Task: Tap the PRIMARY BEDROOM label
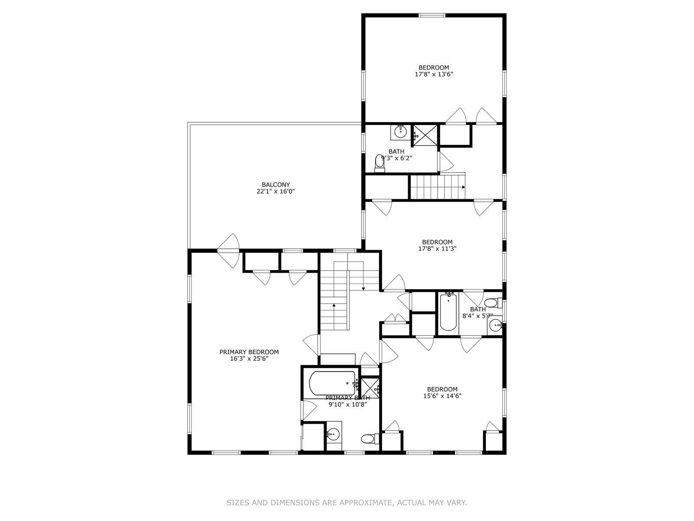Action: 249,352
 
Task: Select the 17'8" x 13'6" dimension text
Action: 434,74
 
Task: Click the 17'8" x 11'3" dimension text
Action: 437,249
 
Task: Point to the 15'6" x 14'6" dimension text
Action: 442,396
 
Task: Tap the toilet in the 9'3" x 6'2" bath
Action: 380,163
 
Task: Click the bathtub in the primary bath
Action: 333,383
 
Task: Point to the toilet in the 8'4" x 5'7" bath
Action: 492,303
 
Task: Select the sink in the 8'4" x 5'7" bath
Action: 495,325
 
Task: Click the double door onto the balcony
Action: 229,251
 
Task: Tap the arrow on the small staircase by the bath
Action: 463,187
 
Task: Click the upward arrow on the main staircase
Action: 334,306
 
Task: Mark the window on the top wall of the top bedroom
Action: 432,16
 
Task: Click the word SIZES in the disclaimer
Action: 238,503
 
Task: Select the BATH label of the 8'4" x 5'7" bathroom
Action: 478,309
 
